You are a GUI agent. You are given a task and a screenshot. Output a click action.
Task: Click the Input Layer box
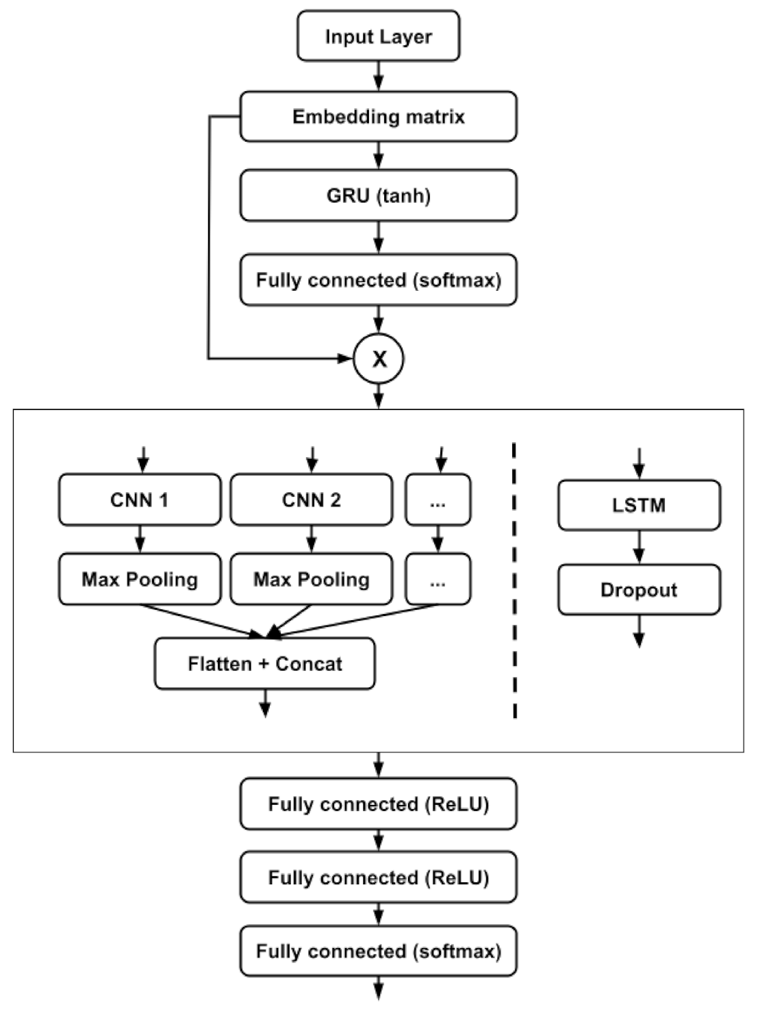tap(378, 36)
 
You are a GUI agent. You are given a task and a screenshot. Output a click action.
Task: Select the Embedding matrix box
tap(378, 116)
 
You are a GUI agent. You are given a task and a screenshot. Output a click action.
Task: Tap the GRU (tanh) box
tap(378, 196)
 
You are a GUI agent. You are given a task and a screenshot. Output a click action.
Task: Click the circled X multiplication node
tap(379, 359)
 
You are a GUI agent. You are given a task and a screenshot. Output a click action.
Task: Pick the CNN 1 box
tap(140, 500)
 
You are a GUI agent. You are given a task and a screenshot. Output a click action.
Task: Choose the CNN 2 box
tap(312, 500)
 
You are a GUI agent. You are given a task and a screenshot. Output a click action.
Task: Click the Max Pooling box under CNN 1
tap(140, 580)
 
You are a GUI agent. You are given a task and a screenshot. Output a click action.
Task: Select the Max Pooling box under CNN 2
tap(312, 580)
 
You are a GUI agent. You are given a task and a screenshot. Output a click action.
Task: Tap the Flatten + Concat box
tap(264, 663)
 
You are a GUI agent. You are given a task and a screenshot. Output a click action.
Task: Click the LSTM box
tap(639, 505)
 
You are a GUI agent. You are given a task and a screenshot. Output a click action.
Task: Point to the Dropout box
tap(639, 589)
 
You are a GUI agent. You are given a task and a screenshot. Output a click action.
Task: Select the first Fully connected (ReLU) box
tap(378, 804)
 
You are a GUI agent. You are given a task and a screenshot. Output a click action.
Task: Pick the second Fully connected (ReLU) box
tap(378, 878)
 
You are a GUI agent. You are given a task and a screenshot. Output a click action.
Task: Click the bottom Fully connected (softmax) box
tap(378, 951)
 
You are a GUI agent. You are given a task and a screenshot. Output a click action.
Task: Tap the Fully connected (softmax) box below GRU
tap(378, 280)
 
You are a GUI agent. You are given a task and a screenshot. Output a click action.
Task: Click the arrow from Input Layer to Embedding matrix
tap(379, 75)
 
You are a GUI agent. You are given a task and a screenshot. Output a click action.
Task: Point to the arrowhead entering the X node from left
tap(345, 358)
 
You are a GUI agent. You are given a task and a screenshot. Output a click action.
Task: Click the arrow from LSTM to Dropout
tap(639, 546)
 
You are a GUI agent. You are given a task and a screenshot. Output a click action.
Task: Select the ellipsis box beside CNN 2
tap(438, 500)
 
